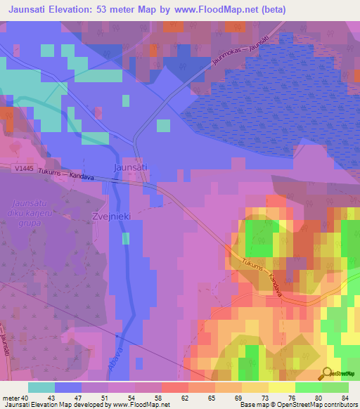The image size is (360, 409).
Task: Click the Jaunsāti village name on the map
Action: pyautogui.click(x=130, y=167)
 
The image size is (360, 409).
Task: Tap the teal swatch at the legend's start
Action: pyautogui.click(x=41, y=387)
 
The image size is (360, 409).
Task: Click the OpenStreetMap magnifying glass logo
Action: pyautogui.click(x=328, y=374)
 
